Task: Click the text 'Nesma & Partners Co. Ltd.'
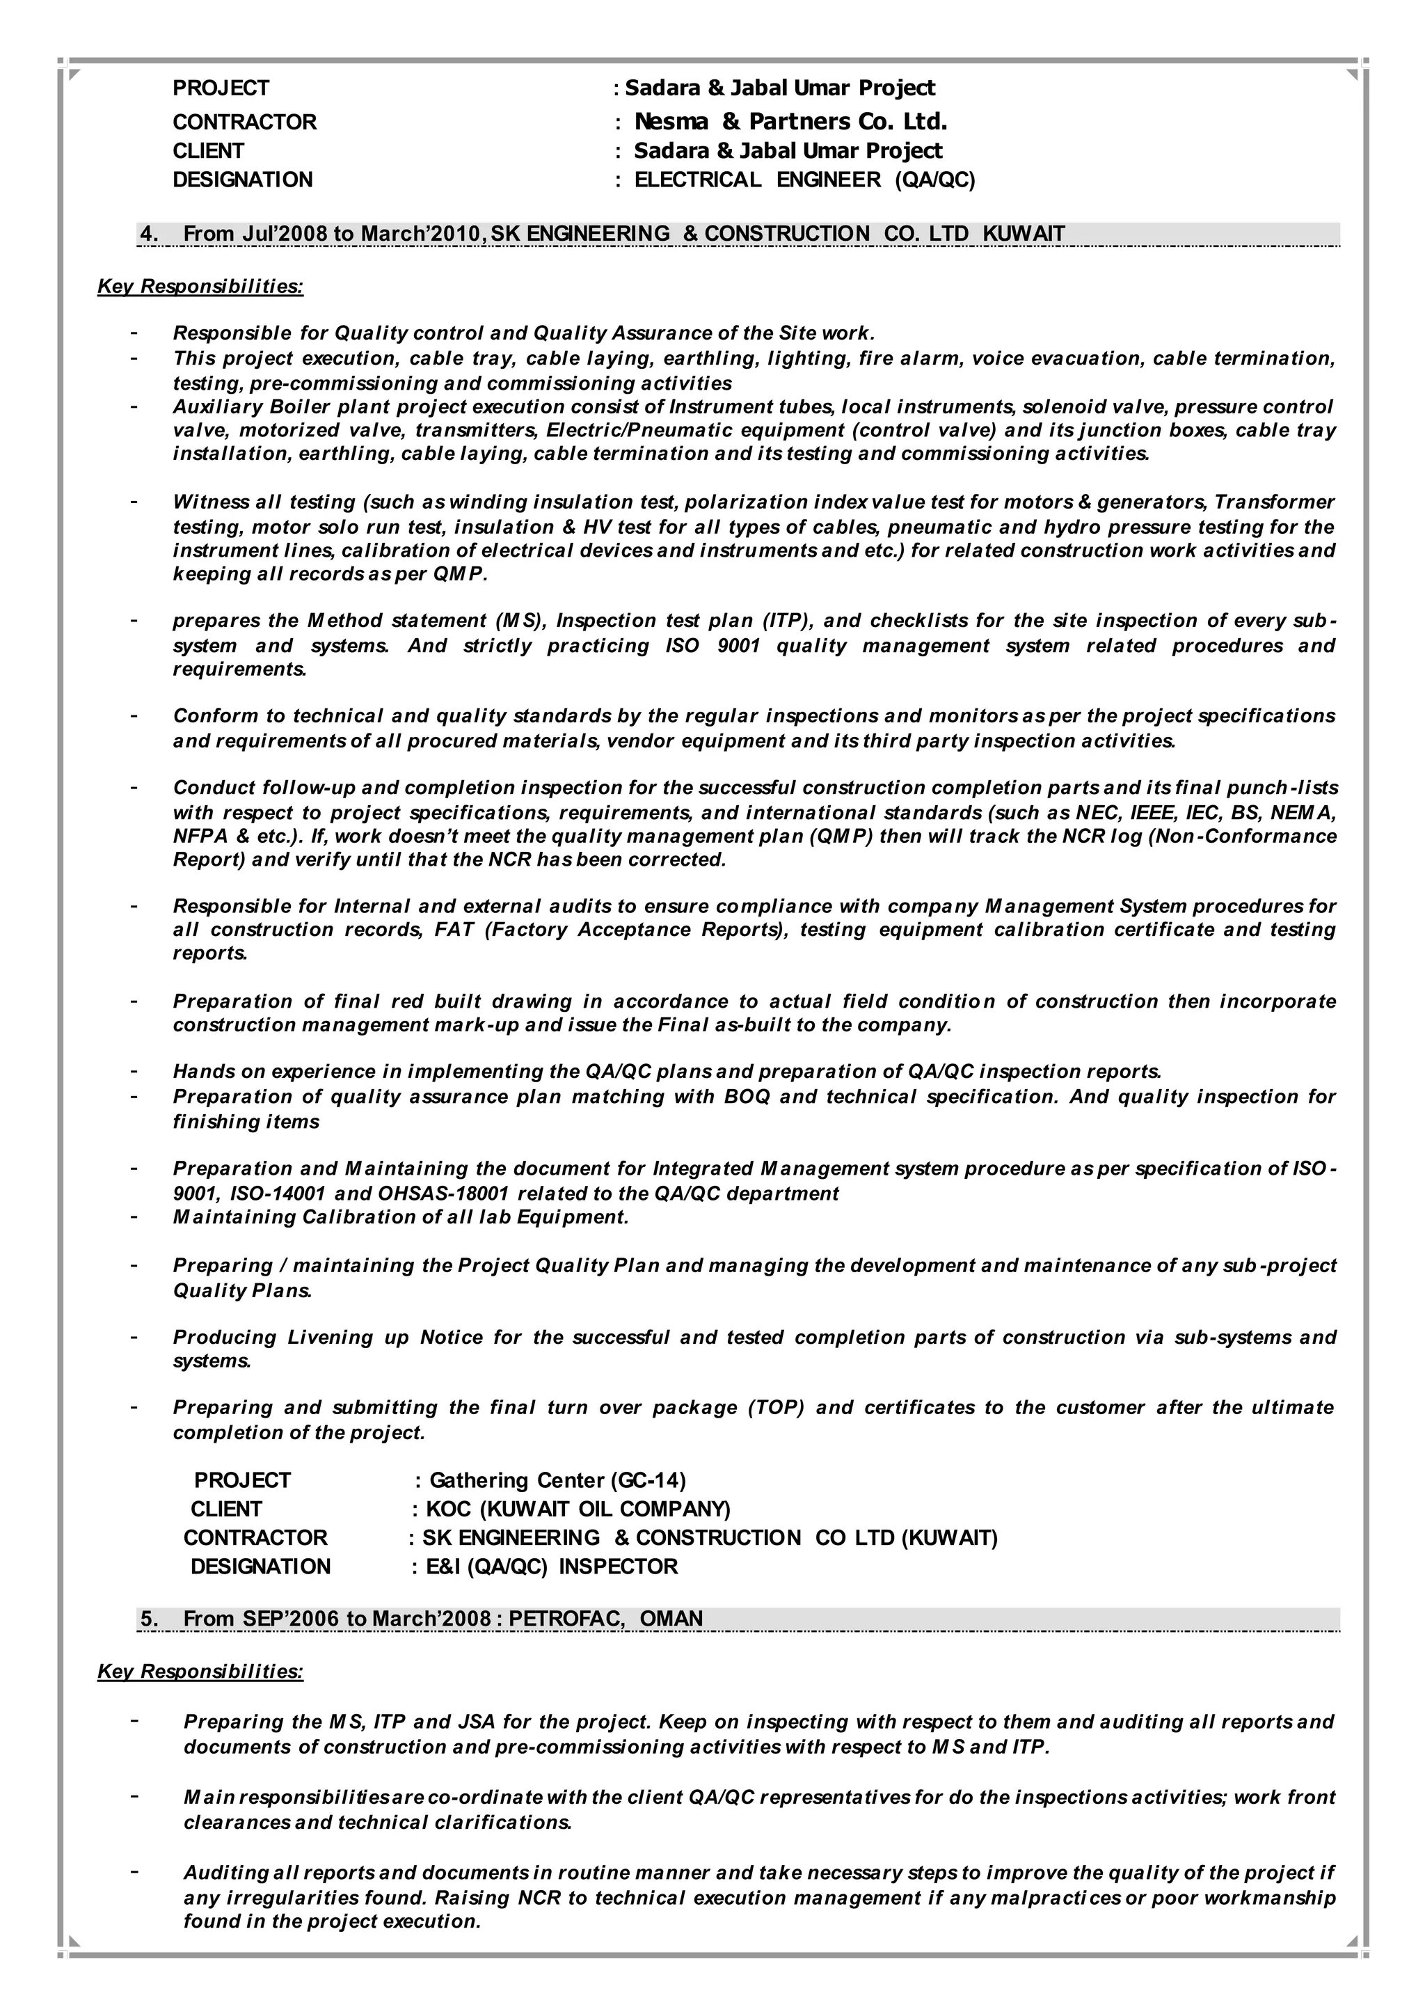[x=790, y=121]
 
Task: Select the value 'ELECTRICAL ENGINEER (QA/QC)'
[x=804, y=180]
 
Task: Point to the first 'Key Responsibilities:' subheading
[x=200, y=287]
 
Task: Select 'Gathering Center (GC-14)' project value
[x=557, y=1480]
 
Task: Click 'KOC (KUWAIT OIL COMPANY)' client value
[x=578, y=1509]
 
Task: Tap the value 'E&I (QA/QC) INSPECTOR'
[x=551, y=1567]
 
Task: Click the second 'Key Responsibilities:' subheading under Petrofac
[x=200, y=1672]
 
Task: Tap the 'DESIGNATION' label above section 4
[x=242, y=180]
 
